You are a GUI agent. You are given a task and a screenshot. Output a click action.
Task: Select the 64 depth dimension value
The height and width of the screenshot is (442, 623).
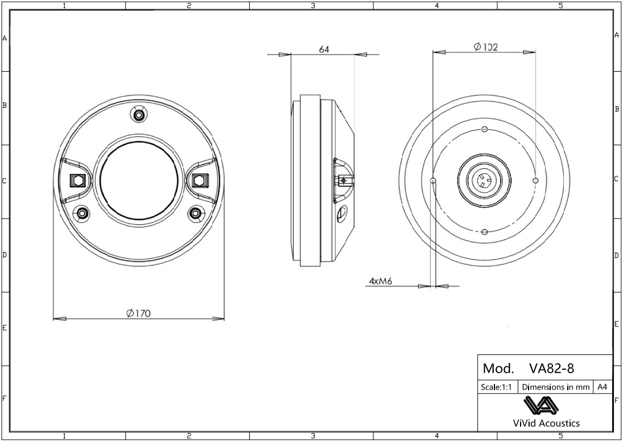[324, 49]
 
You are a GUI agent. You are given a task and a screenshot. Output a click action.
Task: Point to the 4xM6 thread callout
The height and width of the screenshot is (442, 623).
[379, 281]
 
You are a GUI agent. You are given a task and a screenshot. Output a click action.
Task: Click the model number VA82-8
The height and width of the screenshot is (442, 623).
[551, 368]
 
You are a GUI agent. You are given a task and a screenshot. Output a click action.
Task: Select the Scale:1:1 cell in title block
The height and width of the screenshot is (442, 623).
[497, 387]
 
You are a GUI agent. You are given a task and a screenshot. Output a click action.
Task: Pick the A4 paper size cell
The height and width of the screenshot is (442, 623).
[603, 387]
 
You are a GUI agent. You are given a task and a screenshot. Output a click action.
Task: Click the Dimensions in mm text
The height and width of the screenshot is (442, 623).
[555, 387]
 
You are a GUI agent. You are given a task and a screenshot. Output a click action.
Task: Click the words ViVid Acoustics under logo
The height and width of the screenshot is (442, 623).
[546, 423]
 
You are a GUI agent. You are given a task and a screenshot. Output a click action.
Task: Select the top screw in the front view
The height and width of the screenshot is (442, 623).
[138, 115]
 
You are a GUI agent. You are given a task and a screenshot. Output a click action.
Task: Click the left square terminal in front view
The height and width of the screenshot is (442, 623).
[77, 181]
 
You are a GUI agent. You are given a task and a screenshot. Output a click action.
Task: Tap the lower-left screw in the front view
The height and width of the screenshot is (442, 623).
[83, 213]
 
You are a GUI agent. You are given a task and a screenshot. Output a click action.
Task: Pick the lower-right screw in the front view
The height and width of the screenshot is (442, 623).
[195, 213]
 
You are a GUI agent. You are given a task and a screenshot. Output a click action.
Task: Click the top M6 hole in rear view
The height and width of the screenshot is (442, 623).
[484, 129]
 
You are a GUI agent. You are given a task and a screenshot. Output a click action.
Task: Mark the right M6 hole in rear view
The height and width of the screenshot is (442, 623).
[535, 180]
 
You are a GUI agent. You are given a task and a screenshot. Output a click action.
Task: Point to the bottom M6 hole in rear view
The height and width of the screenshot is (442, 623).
[484, 232]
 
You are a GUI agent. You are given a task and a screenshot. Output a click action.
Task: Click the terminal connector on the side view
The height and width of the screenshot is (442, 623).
[343, 181]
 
